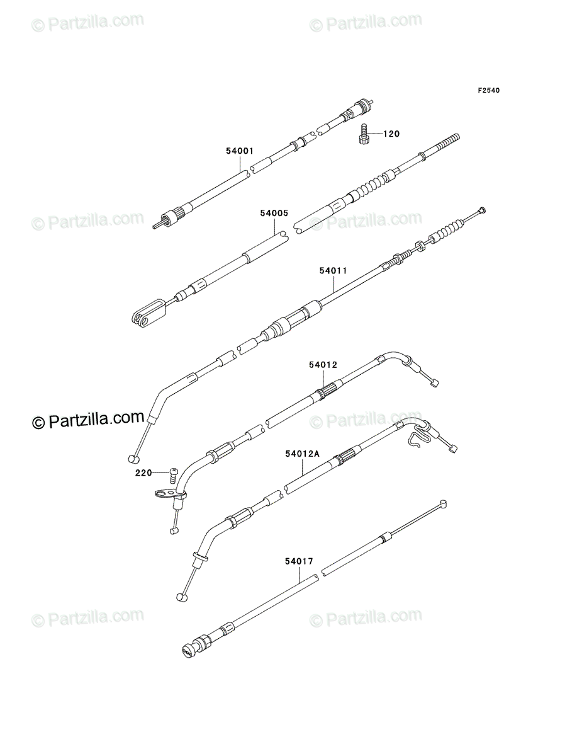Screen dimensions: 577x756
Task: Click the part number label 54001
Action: point(240,151)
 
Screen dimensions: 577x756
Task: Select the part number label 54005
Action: point(274,213)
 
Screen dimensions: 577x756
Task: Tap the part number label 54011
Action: point(333,271)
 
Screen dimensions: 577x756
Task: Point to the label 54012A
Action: point(302,454)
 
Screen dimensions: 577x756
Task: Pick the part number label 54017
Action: point(299,561)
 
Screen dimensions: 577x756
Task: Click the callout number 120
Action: point(391,134)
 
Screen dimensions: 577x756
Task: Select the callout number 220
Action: point(143,473)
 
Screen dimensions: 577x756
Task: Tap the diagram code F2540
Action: point(489,90)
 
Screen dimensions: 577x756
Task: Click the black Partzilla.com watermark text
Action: point(88,420)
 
